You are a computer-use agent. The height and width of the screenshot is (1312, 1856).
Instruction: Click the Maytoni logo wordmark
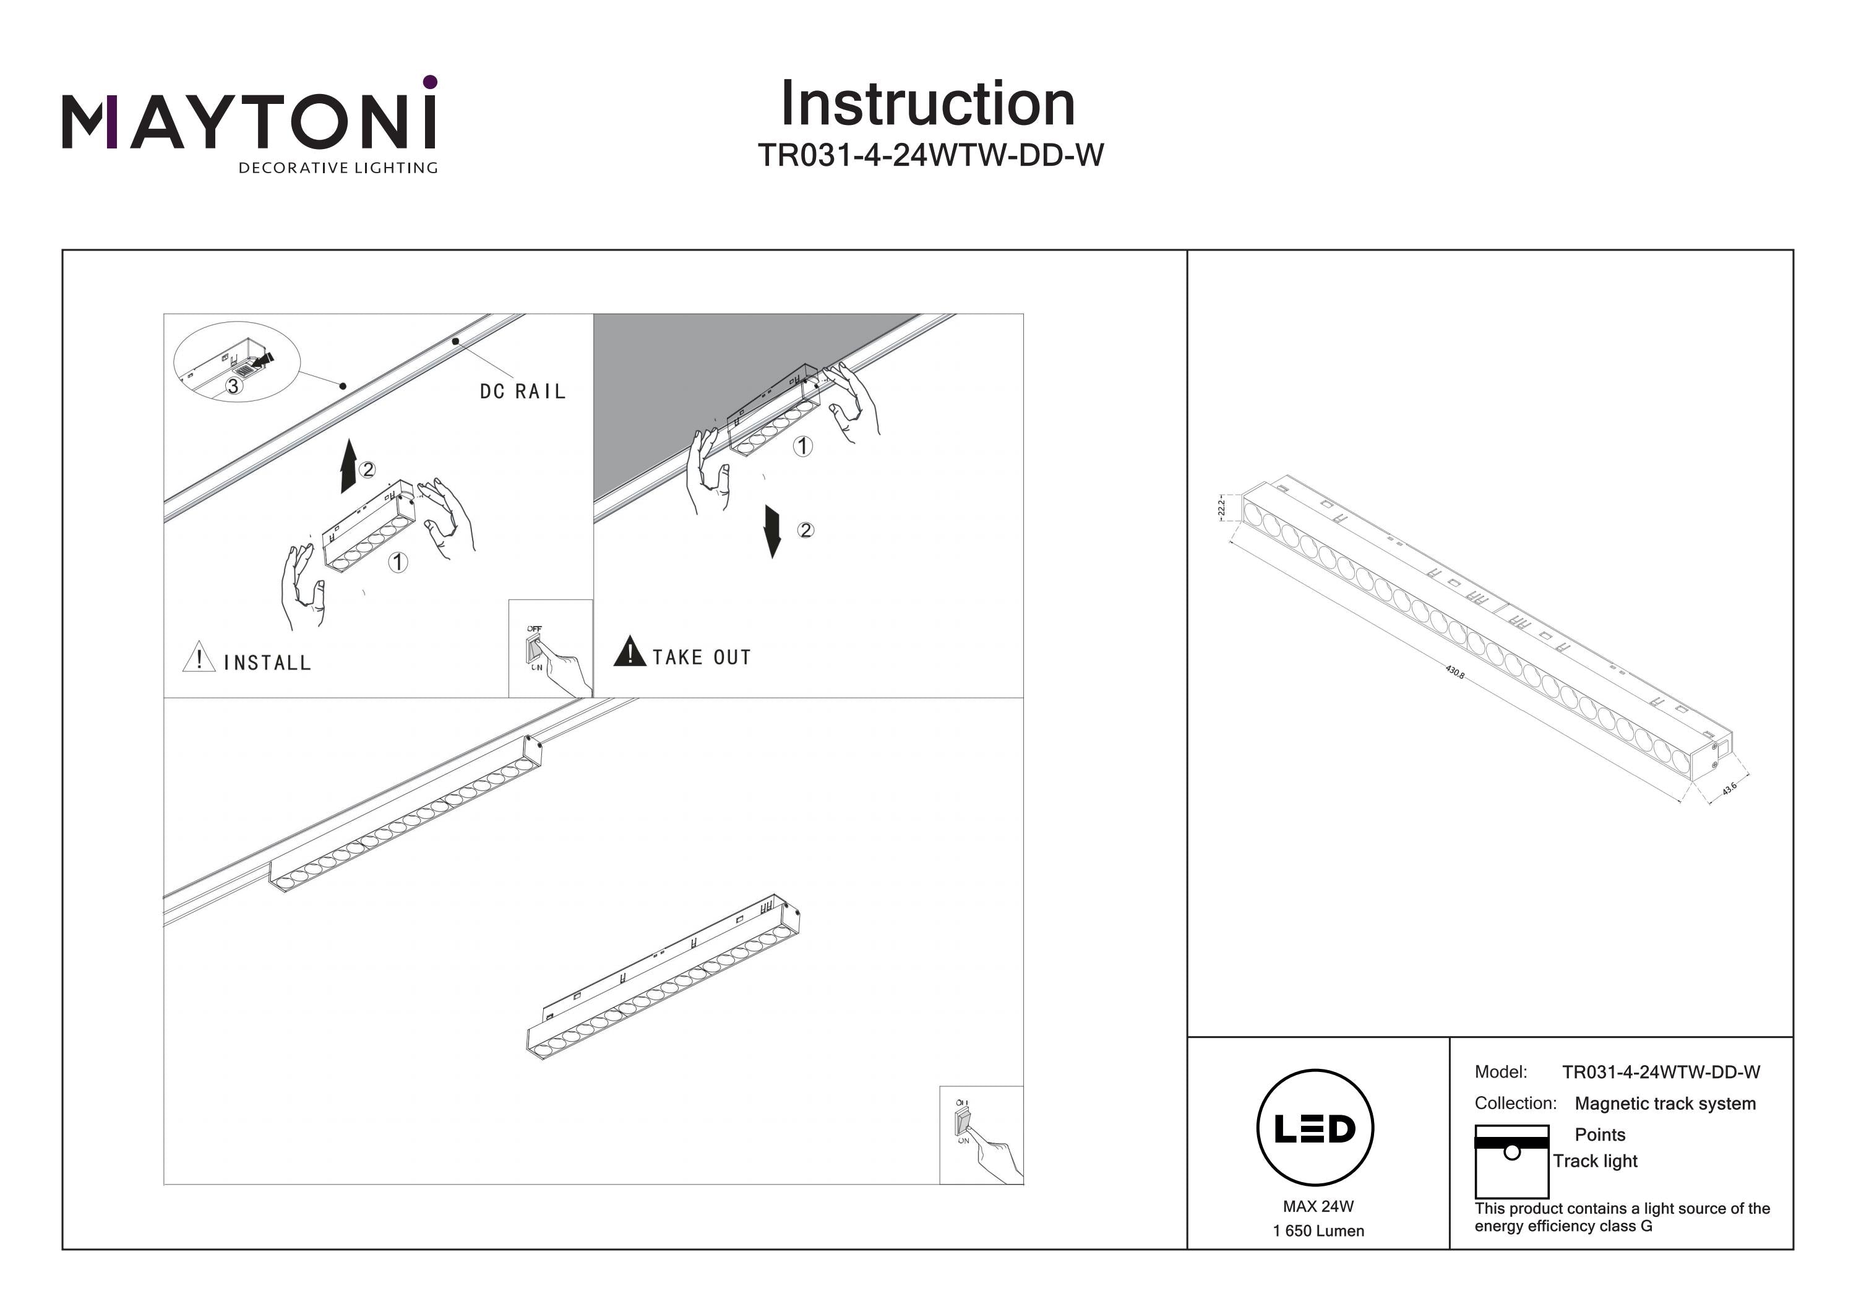[249, 121]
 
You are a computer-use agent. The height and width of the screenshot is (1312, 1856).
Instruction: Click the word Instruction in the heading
[927, 105]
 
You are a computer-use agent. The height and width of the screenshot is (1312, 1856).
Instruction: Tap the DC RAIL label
[522, 392]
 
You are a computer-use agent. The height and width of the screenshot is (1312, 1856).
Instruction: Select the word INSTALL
[267, 664]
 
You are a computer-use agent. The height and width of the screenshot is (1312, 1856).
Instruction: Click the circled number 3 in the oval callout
[233, 387]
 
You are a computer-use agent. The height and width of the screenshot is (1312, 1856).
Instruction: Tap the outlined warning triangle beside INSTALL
[199, 657]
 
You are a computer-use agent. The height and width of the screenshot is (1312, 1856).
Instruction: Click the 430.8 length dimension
[1454, 672]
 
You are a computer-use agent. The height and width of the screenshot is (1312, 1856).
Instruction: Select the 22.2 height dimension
[1221, 508]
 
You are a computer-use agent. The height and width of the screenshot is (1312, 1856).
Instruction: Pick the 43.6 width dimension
[1729, 789]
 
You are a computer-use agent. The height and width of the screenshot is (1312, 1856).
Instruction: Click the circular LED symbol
[1315, 1128]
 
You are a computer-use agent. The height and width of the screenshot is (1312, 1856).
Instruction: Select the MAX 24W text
[1318, 1207]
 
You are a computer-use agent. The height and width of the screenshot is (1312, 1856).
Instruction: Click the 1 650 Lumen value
[1318, 1231]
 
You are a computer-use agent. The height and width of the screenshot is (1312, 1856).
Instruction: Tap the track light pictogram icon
[1511, 1162]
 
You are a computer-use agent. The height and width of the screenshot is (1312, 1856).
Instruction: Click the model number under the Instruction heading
[930, 155]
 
